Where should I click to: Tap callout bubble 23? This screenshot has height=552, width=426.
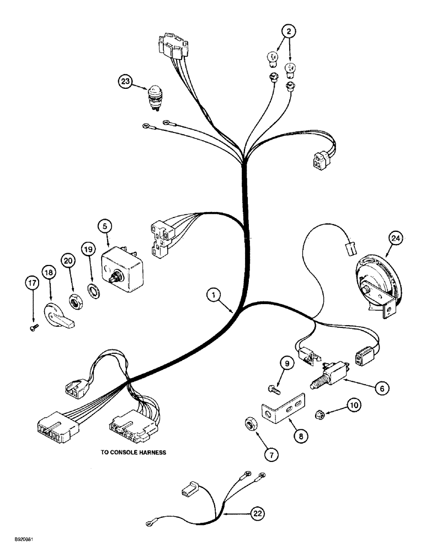125,82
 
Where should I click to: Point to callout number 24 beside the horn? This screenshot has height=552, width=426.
395,238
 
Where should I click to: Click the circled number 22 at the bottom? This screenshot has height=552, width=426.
258,513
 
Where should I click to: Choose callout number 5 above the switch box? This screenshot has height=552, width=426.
105,226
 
